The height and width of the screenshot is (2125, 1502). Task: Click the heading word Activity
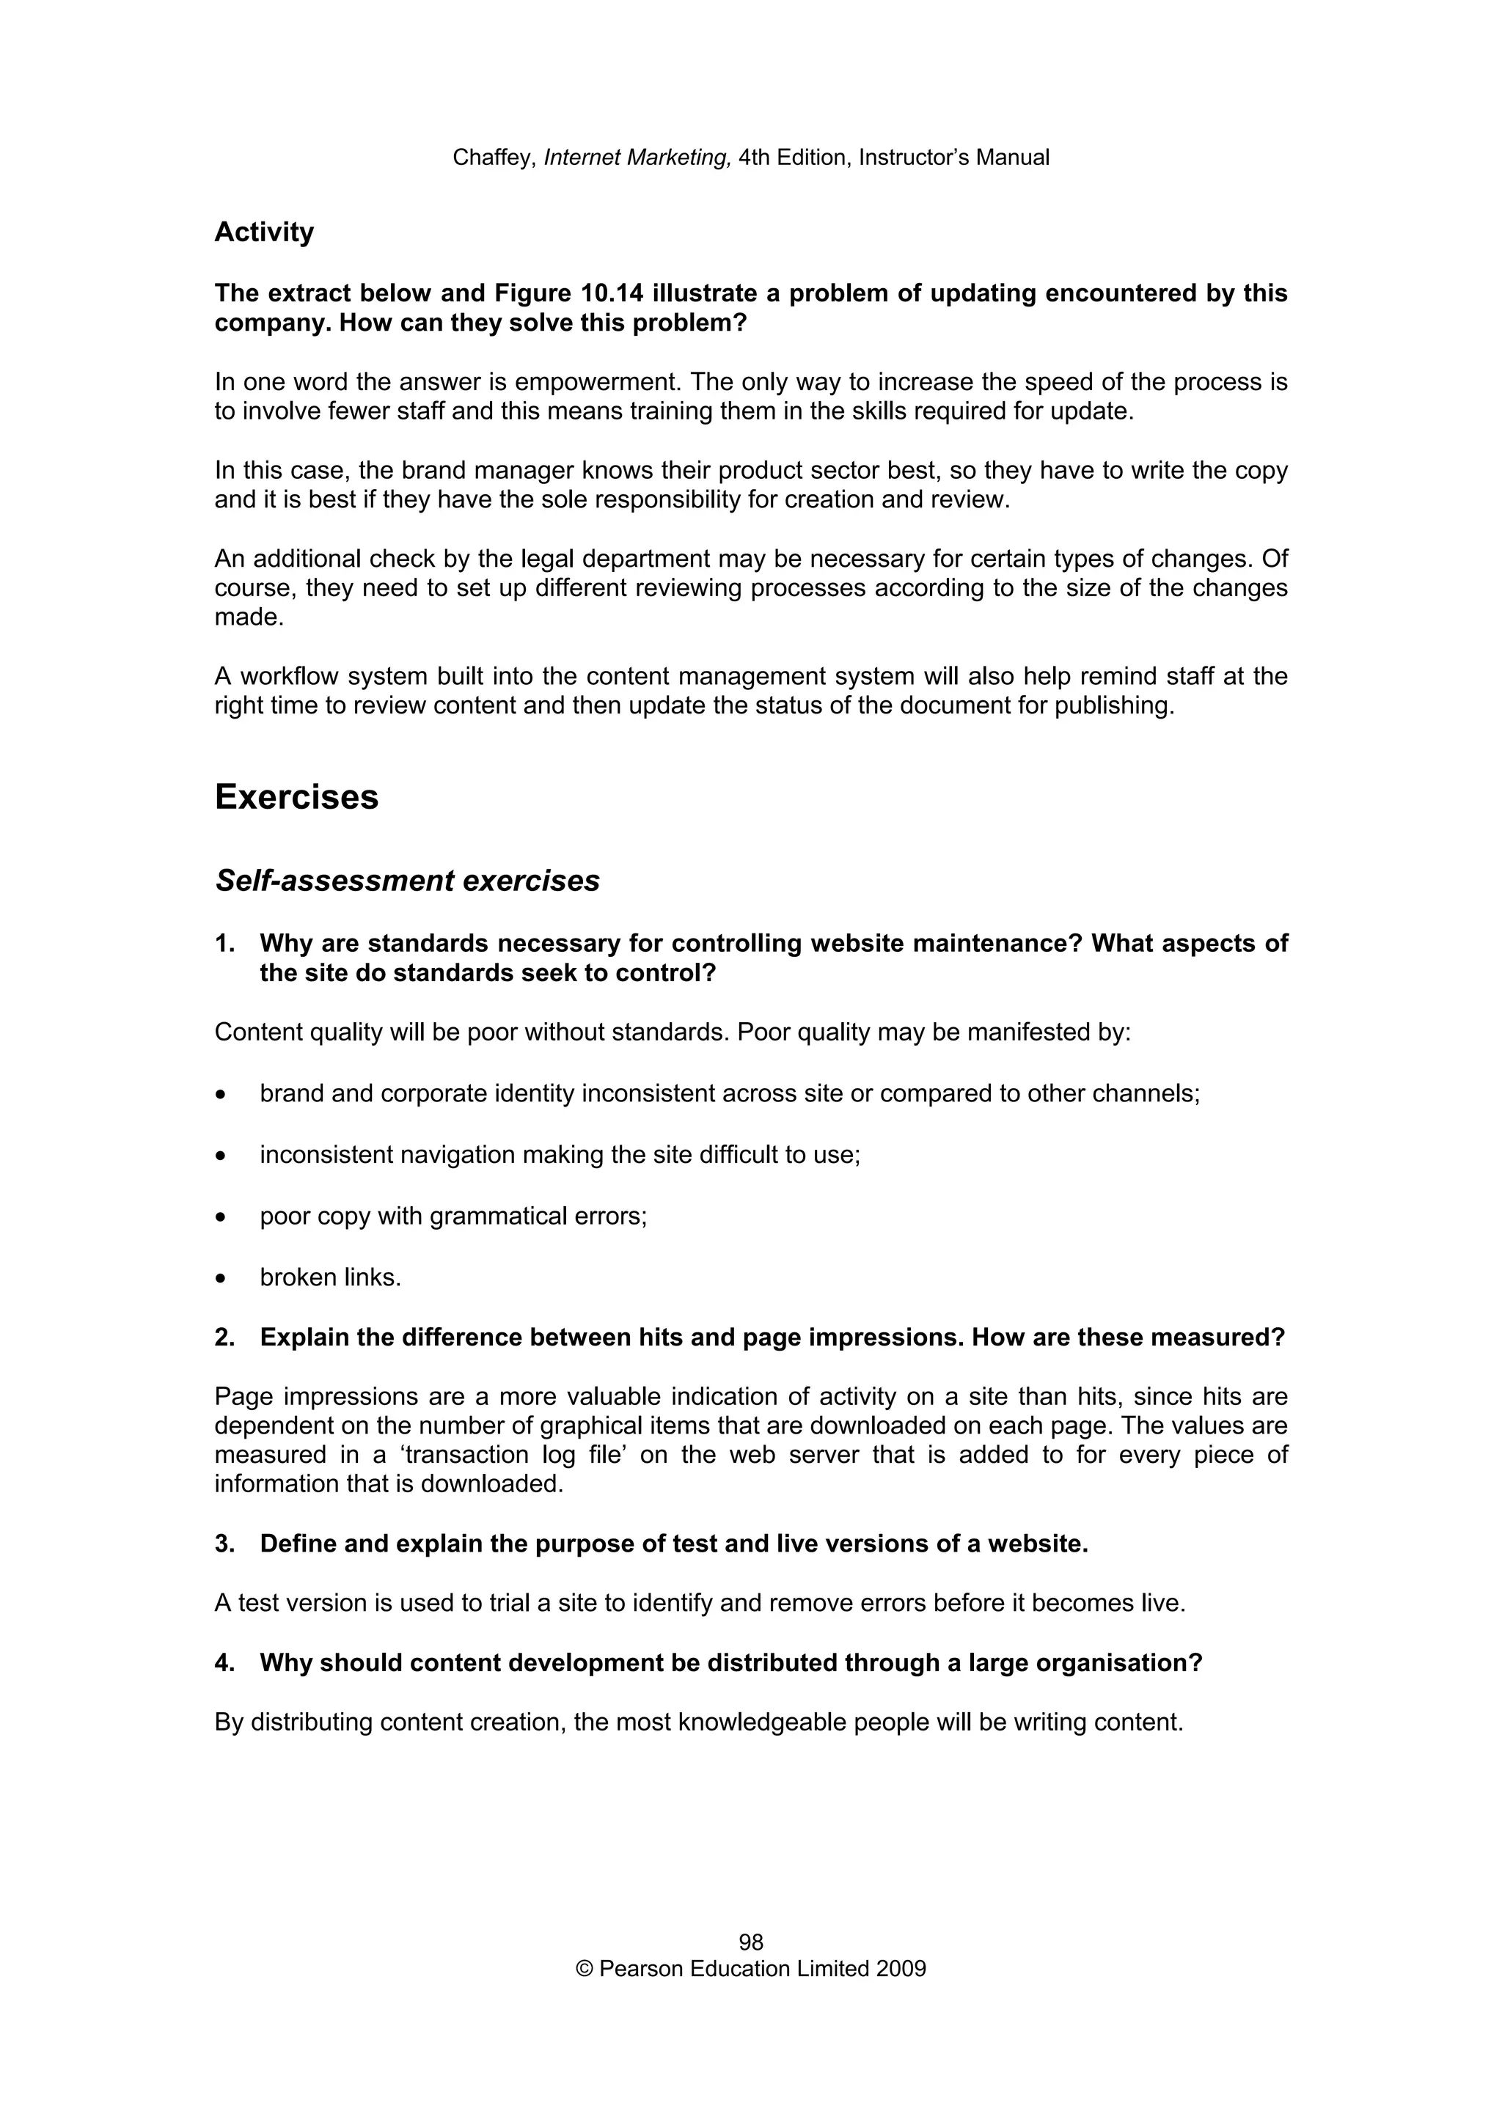pos(264,232)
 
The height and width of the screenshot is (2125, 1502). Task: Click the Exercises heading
pos(296,797)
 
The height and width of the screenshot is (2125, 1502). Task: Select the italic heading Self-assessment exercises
pos(407,880)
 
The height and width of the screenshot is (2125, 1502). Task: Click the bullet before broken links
pos(220,1279)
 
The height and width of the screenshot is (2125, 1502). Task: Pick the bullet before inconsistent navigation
pos(220,1156)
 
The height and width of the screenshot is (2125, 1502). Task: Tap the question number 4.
pos(223,1663)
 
